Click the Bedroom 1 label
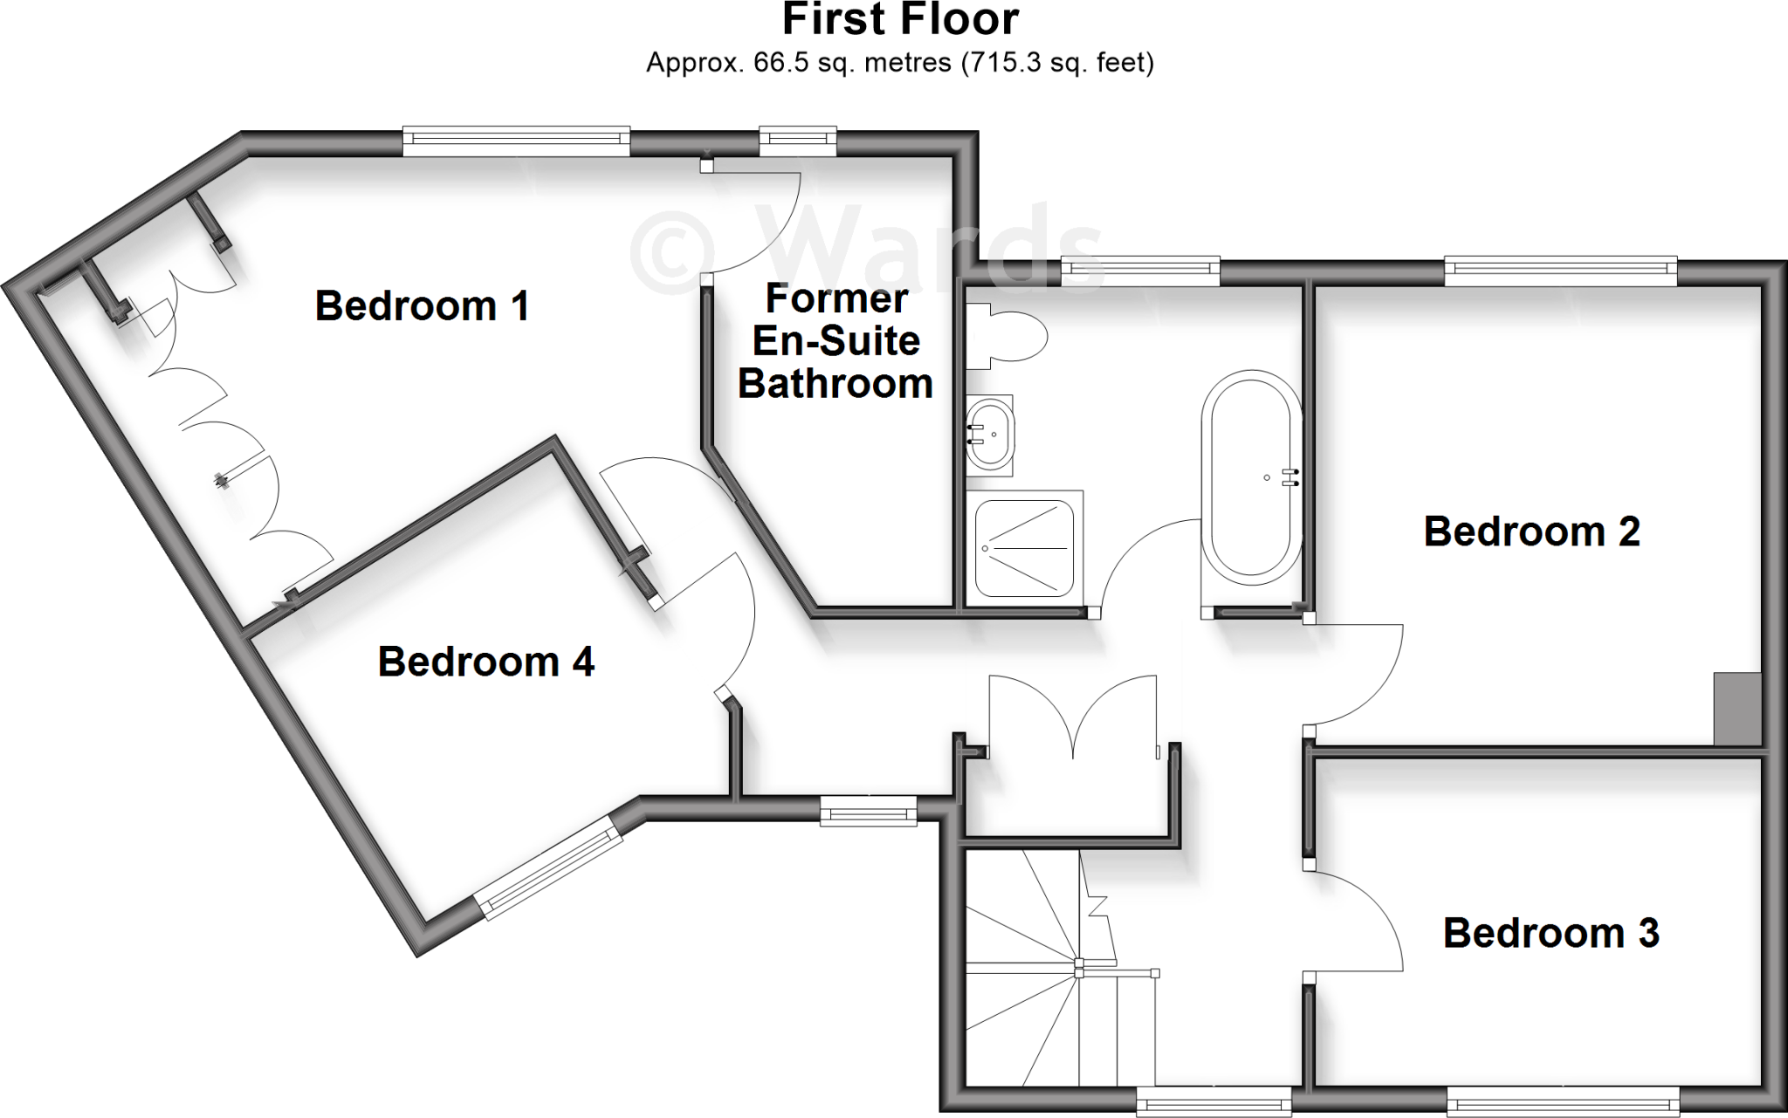pyautogui.click(x=422, y=306)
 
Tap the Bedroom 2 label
pyautogui.click(x=1531, y=532)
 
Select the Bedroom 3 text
pyautogui.click(x=1551, y=933)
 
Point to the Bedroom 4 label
pyautogui.click(x=485, y=662)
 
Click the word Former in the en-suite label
pyautogui.click(x=836, y=298)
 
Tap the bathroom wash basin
pyautogui.click(x=991, y=434)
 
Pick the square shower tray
pyautogui.click(x=1024, y=548)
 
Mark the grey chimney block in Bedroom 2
pyautogui.click(x=1736, y=708)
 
